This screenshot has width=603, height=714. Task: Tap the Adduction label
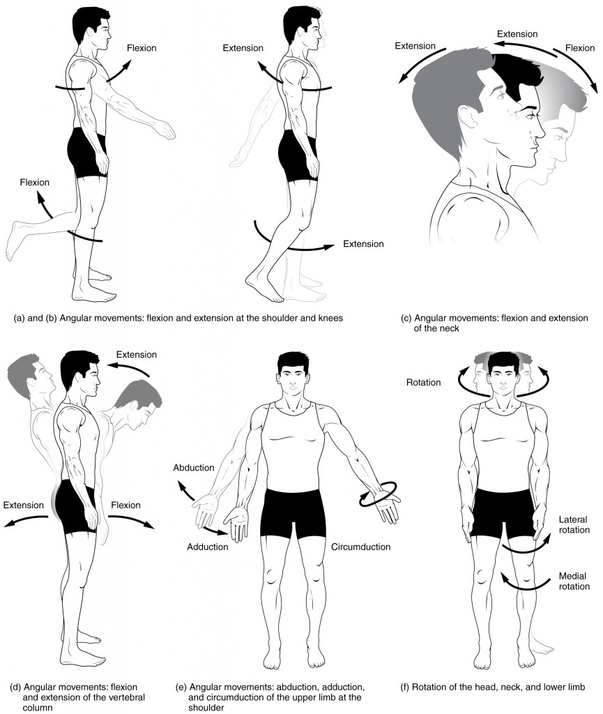tap(207, 547)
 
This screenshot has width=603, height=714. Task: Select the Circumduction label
tap(362, 547)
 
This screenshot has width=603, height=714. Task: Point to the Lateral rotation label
tap(574, 525)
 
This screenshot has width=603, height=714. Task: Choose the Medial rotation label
tap(574, 581)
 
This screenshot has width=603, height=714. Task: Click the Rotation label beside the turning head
tap(423, 382)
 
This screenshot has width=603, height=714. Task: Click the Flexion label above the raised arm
tap(142, 48)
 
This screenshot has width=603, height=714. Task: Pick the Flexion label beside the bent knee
tap(34, 183)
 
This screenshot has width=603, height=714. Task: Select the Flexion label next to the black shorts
tap(125, 505)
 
